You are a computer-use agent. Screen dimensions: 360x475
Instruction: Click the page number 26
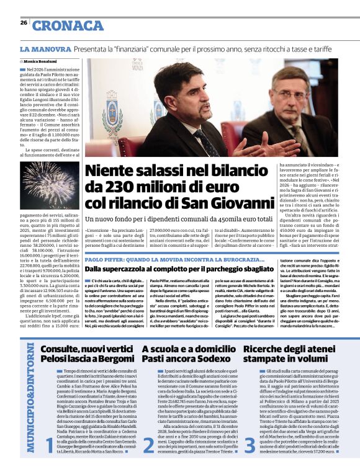24,22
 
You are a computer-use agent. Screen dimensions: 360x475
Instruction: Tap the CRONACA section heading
68,25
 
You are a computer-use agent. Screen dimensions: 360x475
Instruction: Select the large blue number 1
49,460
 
